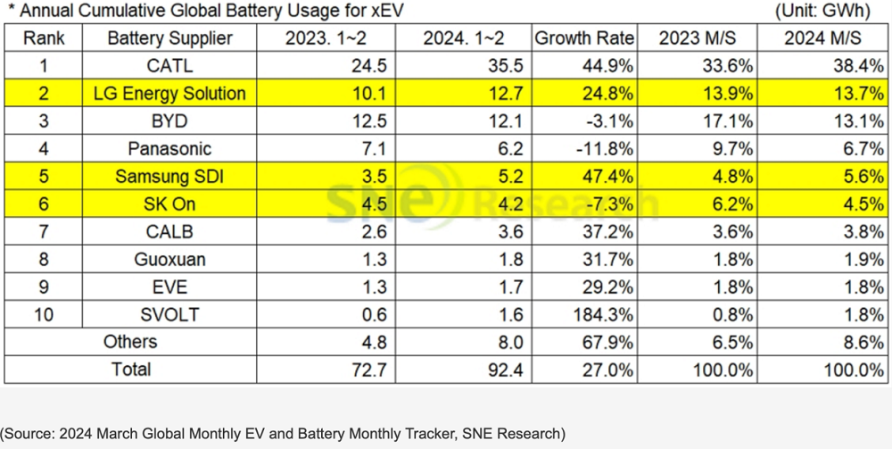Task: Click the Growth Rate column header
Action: (585, 38)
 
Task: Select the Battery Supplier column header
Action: (169, 38)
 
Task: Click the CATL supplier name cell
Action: (169, 66)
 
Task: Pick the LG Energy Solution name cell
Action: (169, 94)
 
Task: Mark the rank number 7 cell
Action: (43, 232)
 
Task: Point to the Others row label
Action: (130, 342)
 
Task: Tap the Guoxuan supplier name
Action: (169, 260)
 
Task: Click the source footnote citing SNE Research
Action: (283, 434)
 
